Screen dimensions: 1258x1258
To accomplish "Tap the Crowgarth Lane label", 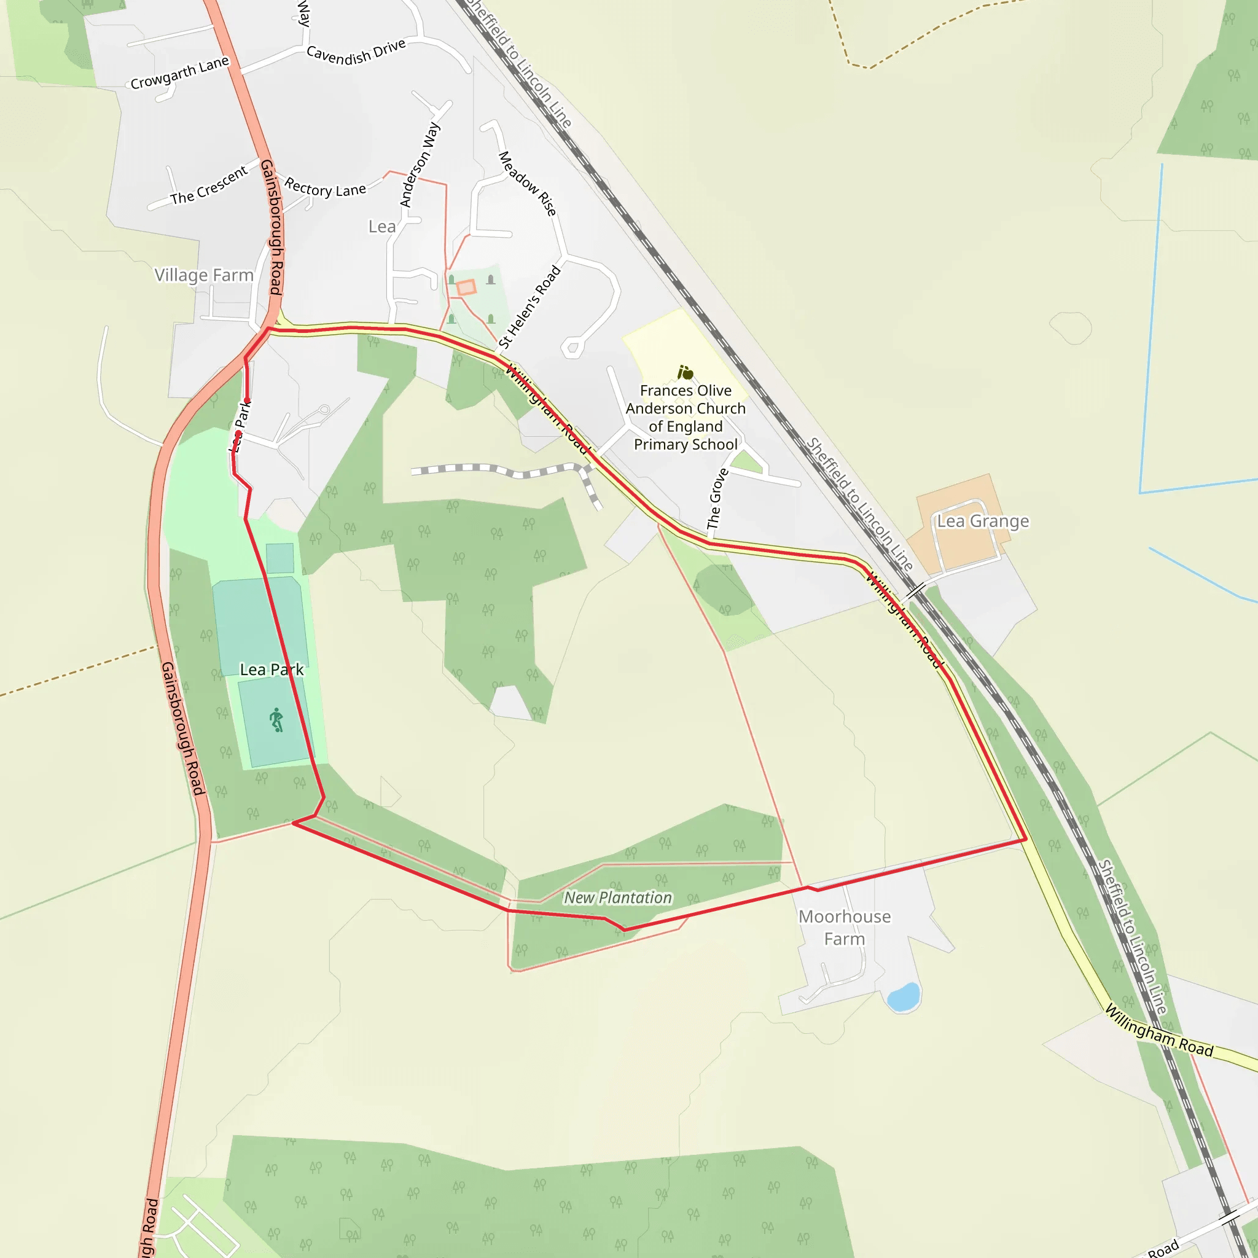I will [x=180, y=73].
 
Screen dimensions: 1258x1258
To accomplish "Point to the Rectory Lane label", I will [x=325, y=188].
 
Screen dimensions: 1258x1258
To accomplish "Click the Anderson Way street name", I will [x=420, y=165].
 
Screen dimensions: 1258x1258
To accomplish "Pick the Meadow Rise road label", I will [x=528, y=183].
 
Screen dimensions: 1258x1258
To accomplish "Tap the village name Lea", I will [x=381, y=227].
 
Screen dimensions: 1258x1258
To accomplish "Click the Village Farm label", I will [x=204, y=275].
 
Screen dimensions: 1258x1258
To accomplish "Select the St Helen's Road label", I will [x=529, y=307].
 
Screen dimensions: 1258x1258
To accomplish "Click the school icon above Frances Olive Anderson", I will [x=685, y=372].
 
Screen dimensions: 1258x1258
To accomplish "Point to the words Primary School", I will [x=686, y=445].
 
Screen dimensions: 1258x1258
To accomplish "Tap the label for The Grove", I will [x=717, y=499].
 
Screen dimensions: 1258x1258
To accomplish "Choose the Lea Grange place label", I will [x=983, y=522].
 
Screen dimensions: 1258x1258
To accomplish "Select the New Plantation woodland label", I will [x=617, y=898].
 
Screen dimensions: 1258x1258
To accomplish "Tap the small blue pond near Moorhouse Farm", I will [x=903, y=996].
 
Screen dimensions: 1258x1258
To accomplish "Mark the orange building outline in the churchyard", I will [x=466, y=287].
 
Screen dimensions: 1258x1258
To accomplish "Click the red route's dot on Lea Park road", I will [x=247, y=400].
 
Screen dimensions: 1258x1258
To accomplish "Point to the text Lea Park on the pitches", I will [x=272, y=670].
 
